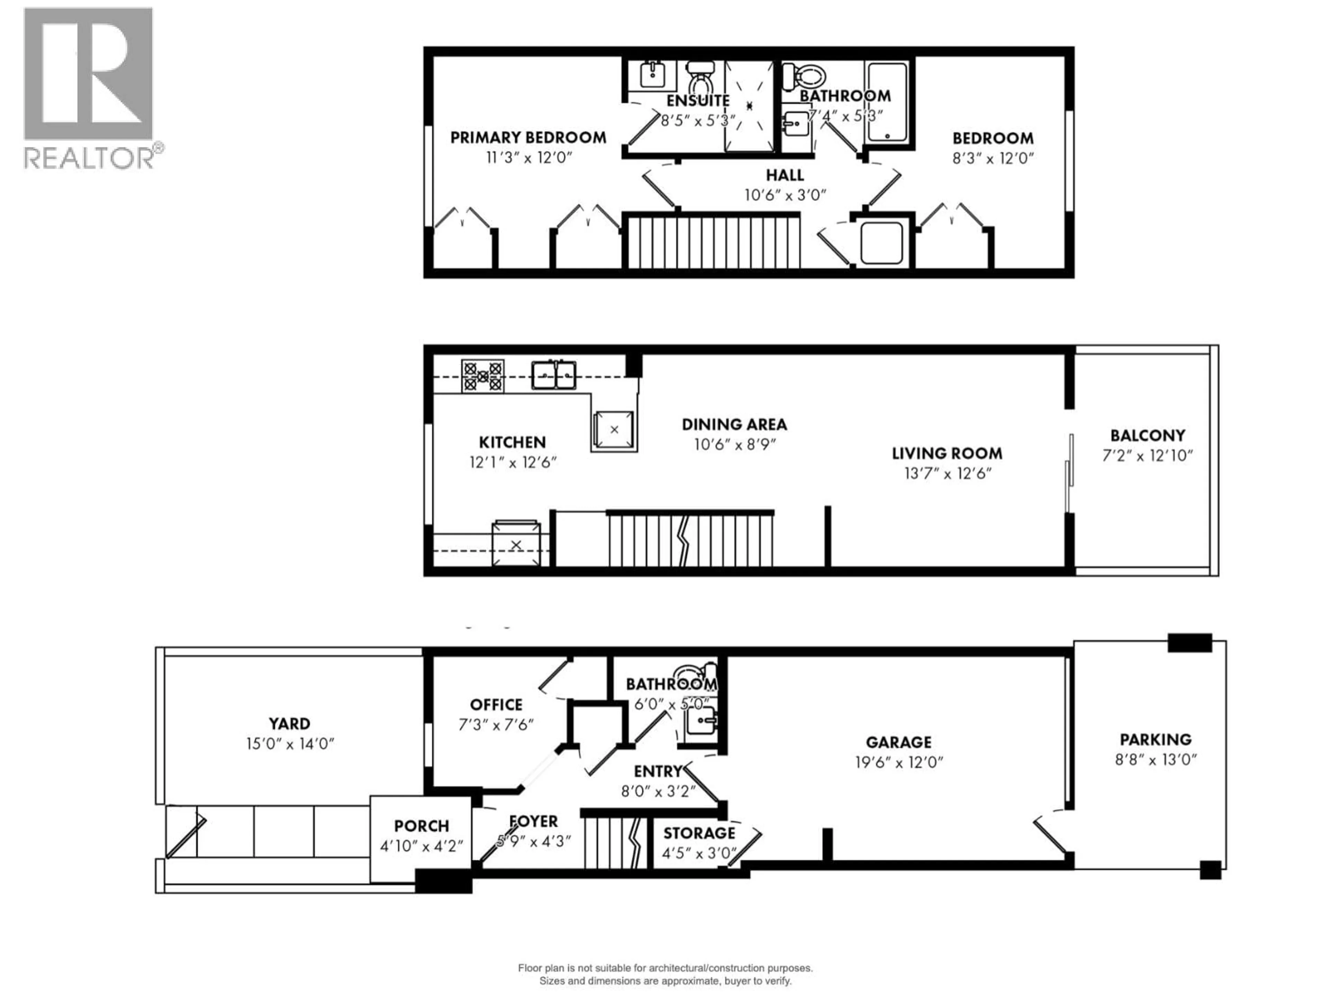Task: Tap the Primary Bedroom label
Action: tap(528, 138)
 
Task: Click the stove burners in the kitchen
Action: tap(482, 376)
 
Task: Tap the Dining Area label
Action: tap(734, 425)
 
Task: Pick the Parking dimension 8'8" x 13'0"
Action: tap(1155, 760)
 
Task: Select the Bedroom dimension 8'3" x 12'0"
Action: tap(993, 158)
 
